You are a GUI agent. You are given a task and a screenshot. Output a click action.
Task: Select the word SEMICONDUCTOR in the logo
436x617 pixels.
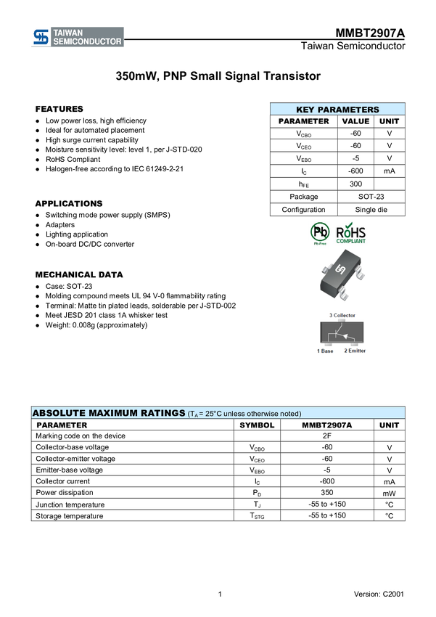tap(88, 41)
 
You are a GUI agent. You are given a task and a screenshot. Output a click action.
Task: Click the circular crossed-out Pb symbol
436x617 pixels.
tap(319, 232)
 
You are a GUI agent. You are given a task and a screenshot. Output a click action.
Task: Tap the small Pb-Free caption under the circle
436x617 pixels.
tap(319, 245)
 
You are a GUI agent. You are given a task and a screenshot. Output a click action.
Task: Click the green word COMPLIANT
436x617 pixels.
tap(351, 242)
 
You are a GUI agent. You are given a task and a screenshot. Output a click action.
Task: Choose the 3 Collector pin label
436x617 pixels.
tap(342, 315)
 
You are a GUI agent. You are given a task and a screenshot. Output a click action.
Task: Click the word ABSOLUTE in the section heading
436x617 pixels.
tap(59, 413)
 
